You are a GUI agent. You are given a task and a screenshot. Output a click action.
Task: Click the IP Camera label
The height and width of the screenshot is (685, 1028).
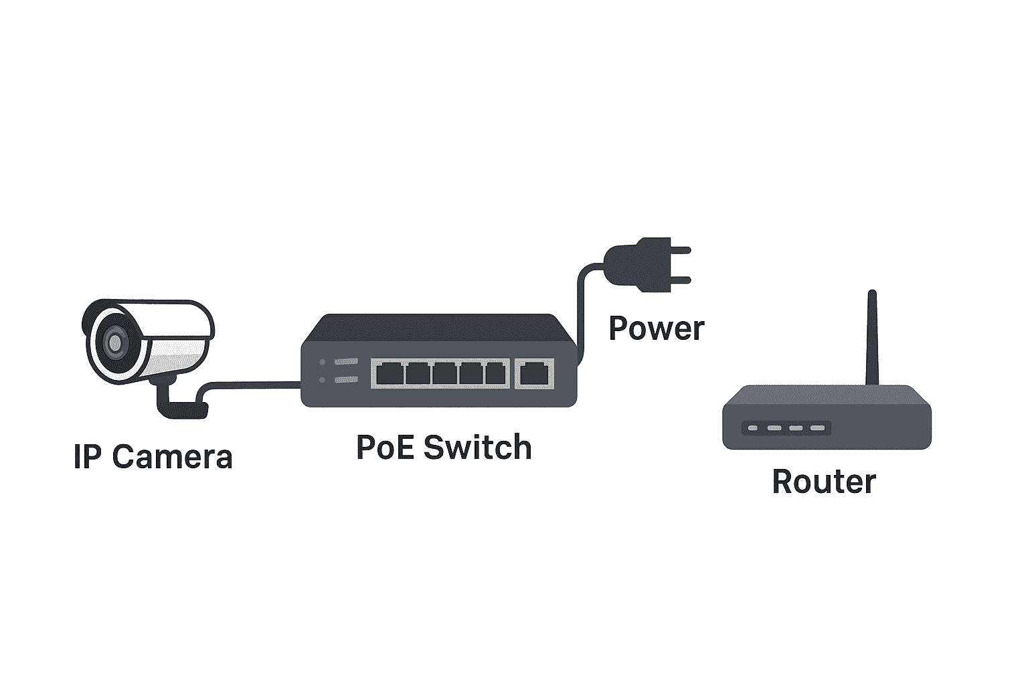(x=153, y=456)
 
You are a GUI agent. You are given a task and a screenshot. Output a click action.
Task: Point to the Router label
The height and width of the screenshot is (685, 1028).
(x=825, y=481)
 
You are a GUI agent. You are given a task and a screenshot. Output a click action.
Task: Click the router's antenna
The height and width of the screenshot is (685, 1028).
(x=872, y=338)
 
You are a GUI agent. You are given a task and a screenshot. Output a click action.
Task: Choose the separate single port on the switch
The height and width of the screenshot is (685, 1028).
(x=534, y=373)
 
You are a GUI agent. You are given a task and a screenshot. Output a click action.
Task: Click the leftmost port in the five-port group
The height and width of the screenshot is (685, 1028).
(x=390, y=373)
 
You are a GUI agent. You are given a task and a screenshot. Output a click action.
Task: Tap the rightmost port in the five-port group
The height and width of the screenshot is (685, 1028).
(x=496, y=373)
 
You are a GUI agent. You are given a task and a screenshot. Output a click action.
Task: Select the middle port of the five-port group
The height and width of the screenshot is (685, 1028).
(x=444, y=373)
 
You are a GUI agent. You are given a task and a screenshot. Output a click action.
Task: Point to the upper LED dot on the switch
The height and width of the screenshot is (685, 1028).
(x=322, y=362)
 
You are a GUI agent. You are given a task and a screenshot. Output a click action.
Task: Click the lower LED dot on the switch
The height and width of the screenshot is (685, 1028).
(x=322, y=380)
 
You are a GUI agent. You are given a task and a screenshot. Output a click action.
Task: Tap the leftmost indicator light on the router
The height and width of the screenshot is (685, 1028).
(x=753, y=428)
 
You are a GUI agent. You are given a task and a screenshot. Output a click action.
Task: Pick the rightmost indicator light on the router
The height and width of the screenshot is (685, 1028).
(x=817, y=428)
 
